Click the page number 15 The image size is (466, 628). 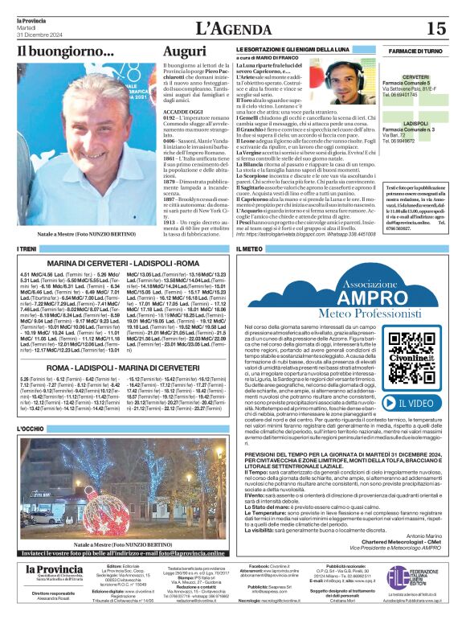pos(435,28)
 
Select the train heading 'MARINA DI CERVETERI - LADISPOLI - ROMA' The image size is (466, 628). pos(123,264)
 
